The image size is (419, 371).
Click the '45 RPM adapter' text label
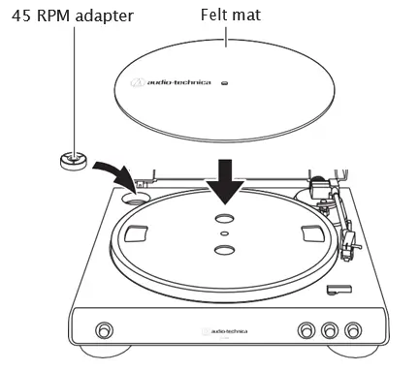click(x=73, y=16)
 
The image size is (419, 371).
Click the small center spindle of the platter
click(x=225, y=233)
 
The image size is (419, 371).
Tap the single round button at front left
click(x=103, y=326)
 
